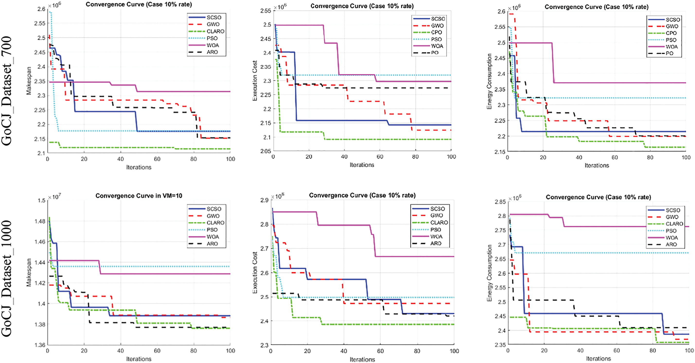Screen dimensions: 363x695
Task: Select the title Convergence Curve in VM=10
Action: [139, 196]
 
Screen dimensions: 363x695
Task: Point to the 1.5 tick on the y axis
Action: [42, 200]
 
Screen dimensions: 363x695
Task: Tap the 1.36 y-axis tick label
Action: [40, 345]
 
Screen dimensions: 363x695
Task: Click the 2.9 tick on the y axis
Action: [264, 200]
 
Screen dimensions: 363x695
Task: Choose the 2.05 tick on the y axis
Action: [265, 151]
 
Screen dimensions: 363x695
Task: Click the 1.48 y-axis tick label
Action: [40, 221]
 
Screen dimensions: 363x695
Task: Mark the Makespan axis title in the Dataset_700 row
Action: [29, 81]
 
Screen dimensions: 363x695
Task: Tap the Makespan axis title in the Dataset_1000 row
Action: [29, 272]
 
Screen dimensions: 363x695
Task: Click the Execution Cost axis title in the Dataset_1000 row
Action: [255, 273]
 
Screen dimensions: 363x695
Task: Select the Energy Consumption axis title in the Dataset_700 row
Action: [489, 81]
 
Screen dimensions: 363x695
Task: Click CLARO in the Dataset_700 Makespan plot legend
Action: [215, 31]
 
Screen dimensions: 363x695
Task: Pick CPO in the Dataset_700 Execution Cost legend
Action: [436, 32]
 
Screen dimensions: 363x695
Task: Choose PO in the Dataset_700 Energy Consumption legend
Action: [669, 53]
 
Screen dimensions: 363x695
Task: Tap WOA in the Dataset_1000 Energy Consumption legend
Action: [671, 238]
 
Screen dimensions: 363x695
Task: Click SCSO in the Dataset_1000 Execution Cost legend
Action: [438, 209]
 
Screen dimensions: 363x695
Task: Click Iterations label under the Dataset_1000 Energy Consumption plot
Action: [598, 358]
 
